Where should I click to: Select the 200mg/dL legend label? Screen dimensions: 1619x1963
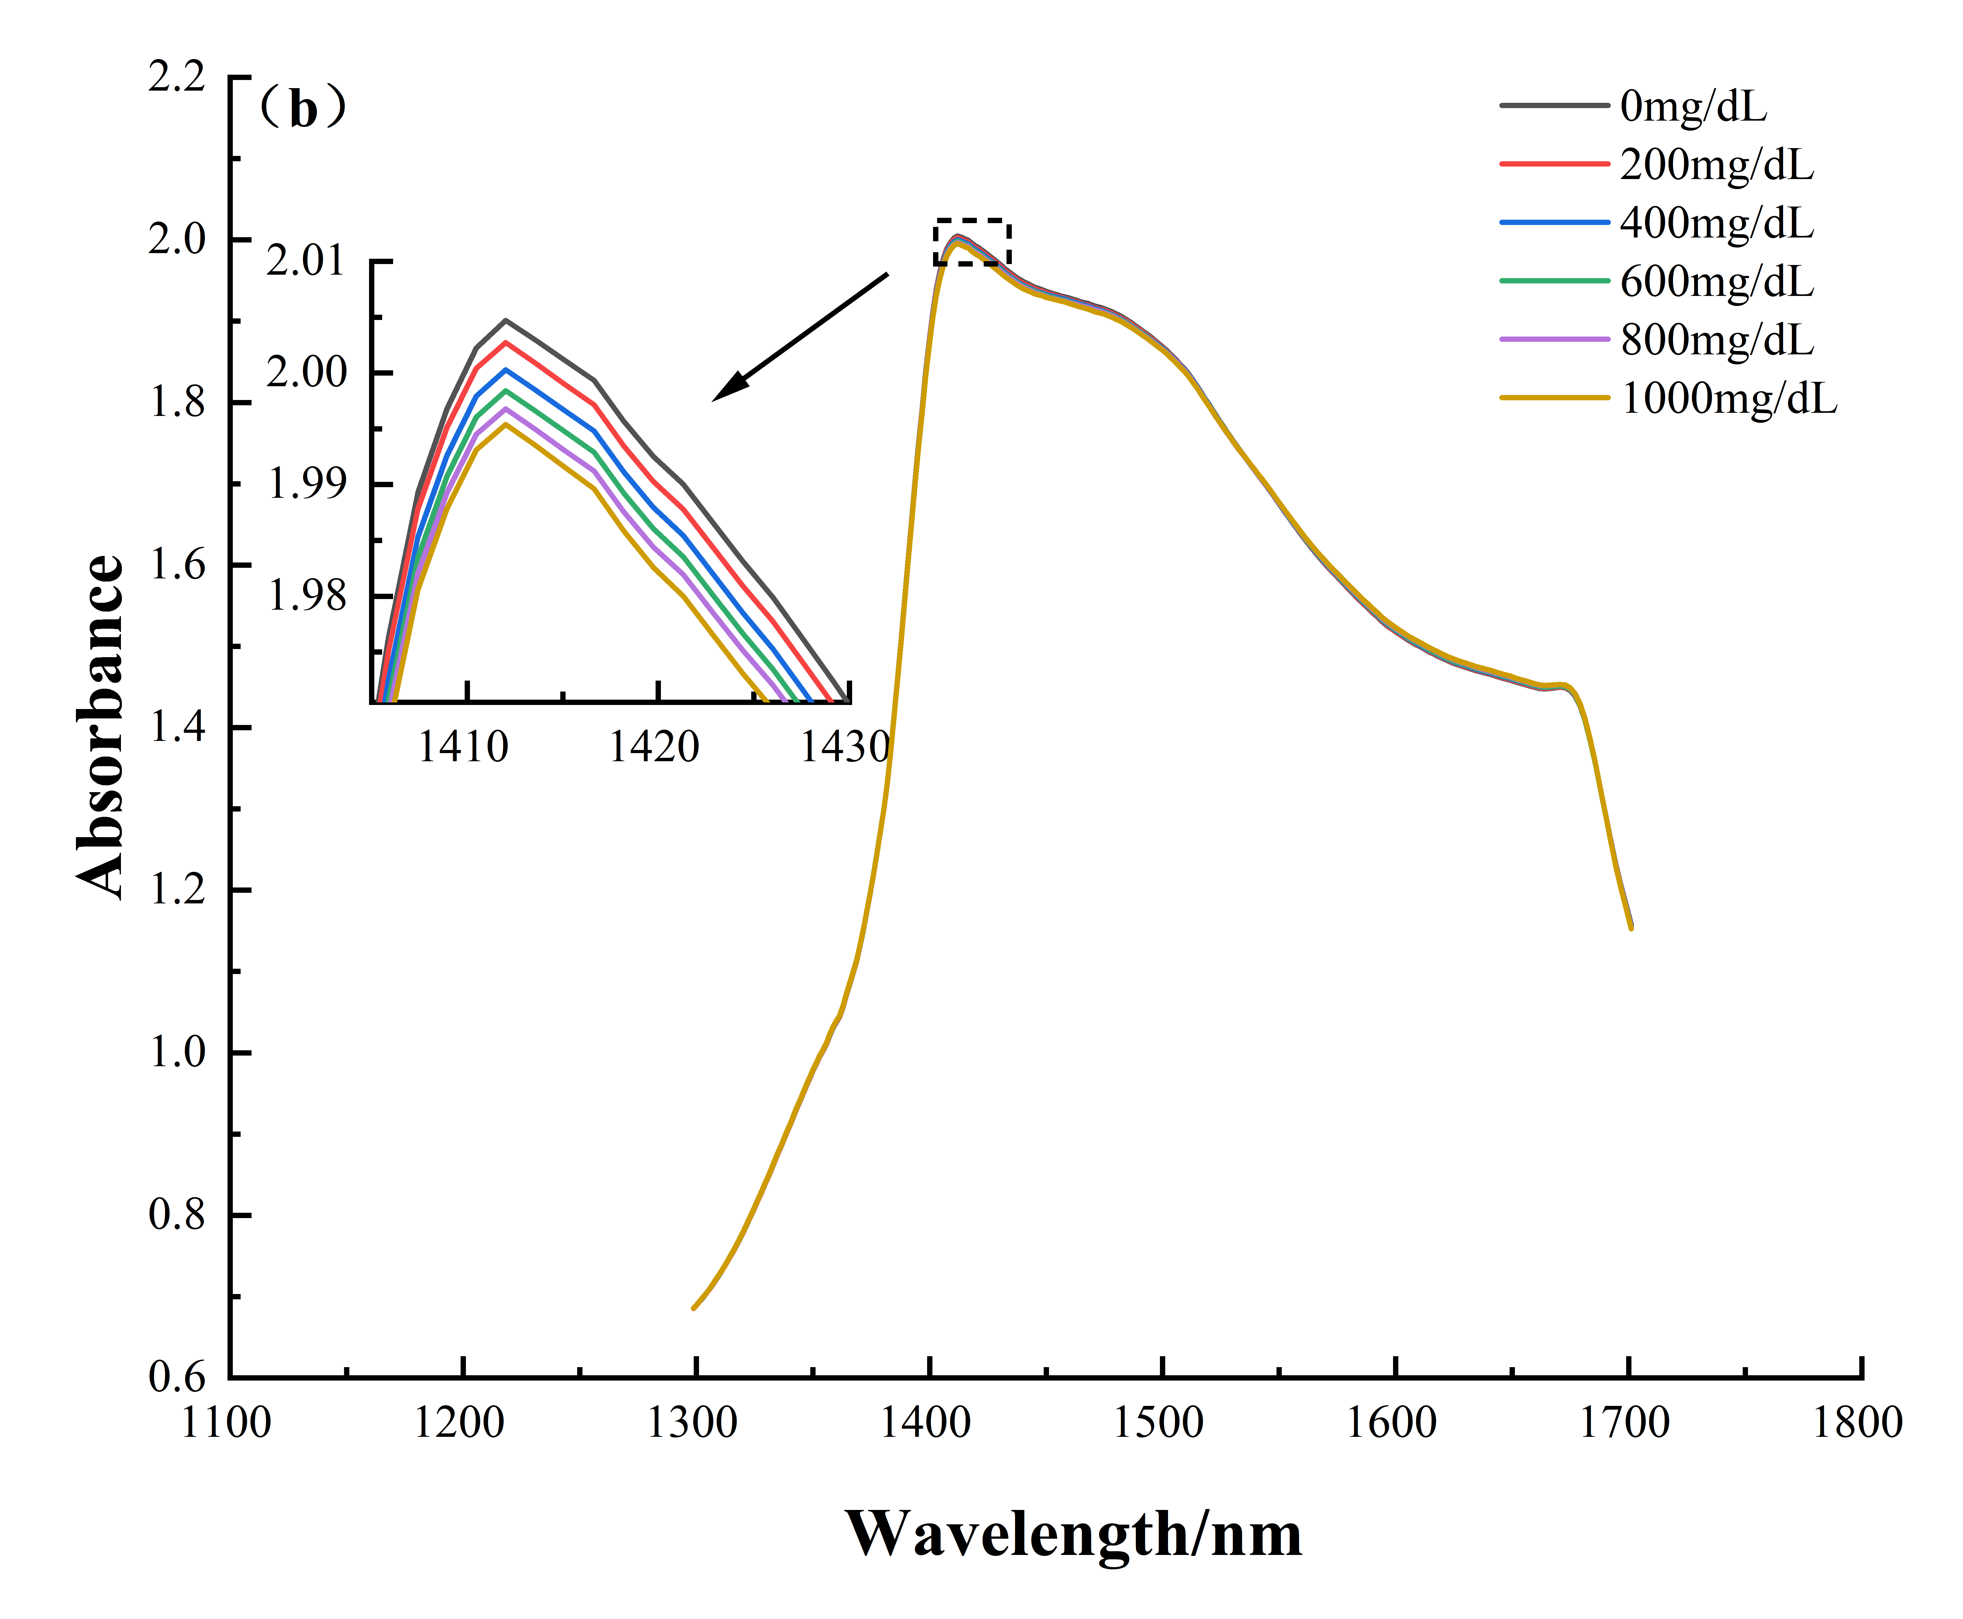[1716, 165]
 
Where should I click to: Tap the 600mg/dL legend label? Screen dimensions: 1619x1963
[1716, 282]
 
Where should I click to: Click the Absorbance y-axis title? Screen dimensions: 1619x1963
[101, 727]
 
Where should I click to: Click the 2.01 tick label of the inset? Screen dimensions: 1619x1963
[305, 261]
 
